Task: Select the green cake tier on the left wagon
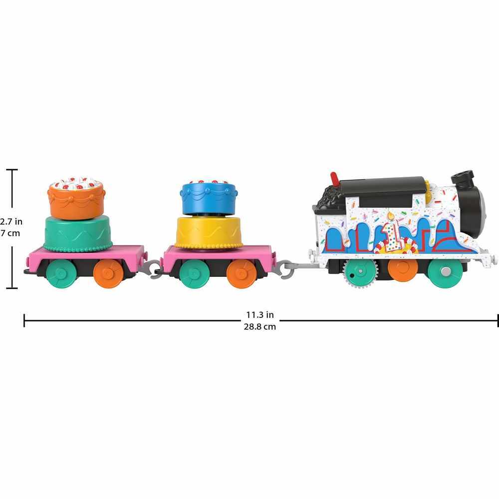tap(78, 234)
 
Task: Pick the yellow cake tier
tap(209, 233)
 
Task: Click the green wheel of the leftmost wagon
tap(61, 273)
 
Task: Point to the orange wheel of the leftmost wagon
tap(108, 273)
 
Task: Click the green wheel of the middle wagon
tap(194, 273)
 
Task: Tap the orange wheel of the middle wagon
tap(242, 273)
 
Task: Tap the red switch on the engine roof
tap(335, 179)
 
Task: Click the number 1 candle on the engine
tap(390, 233)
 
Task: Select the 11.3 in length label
tap(259, 315)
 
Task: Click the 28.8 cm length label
tap(259, 327)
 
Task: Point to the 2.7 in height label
tap(11, 221)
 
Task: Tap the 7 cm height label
tap(10, 233)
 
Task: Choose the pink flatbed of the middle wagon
tap(219, 253)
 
